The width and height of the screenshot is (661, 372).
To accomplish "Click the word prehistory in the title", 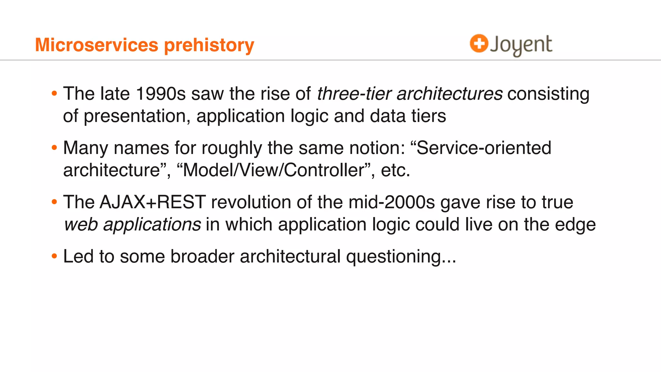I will [x=209, y=45].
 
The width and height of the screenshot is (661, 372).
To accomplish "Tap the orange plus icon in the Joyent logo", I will [x=479, y=43].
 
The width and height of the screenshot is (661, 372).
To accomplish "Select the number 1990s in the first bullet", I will [x=161, y=94].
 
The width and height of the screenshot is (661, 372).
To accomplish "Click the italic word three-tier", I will [x=354, y=94].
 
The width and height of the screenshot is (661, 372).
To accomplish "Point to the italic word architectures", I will [x=449, y=94].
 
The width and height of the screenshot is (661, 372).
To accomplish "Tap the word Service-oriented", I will [x=484, y=148].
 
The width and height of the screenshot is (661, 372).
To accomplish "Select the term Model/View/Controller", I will [x=276, y=170].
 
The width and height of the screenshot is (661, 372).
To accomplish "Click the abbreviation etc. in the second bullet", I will [x=395, y=170].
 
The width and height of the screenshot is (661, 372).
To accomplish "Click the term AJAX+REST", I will [x=153, y=202].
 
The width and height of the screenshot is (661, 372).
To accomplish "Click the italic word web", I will [x=81, y=224].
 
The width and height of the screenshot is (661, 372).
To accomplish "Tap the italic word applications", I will [x=152, y=224].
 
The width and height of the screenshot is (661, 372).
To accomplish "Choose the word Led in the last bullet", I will [x=78, y=256].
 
